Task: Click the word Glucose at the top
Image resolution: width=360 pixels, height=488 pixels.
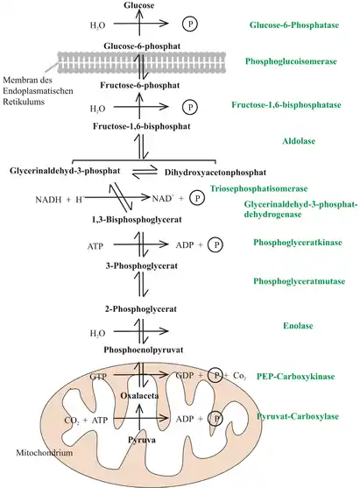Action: [x=138, y=5]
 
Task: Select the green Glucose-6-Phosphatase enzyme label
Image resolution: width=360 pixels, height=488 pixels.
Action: [x=294, y=25]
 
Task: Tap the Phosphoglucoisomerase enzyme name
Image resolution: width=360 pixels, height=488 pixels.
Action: [x=291, y=61]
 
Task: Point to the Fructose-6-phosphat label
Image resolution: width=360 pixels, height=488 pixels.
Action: [x=139, y=85]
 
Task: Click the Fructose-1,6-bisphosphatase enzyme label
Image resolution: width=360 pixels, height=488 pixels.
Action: [x=286, y=104]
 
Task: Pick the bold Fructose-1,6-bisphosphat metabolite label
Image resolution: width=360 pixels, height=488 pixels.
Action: [x=142, y=126]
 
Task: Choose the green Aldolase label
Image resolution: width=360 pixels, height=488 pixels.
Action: [x=299, y=141]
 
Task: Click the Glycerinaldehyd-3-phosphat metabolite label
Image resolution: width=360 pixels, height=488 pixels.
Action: [x=65, y=171]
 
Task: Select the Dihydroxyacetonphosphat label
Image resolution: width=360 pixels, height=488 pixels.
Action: [x=215, y=173]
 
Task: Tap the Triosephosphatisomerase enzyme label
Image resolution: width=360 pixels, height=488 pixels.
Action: [x=259, y=188]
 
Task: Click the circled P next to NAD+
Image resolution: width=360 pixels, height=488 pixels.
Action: [x=197, y=198]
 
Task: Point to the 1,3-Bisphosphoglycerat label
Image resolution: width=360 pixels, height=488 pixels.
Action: [x=137, y=220]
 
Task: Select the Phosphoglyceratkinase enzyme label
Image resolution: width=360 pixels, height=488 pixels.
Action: [x=298, y=243]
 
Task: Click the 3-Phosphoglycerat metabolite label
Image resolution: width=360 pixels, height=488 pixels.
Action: [x=142, y=266]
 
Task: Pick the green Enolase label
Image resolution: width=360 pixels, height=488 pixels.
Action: [x=298, y=326]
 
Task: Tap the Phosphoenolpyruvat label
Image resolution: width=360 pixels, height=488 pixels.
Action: [x=144, y=350]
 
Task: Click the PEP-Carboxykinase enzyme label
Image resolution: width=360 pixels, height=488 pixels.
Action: [x=295, y=377]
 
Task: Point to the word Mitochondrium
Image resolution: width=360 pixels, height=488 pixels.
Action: [x=44, y=453]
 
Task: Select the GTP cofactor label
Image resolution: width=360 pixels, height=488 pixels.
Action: [x=98, y=377]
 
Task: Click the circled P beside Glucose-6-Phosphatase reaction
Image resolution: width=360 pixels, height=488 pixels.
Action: [x=190, y=24]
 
